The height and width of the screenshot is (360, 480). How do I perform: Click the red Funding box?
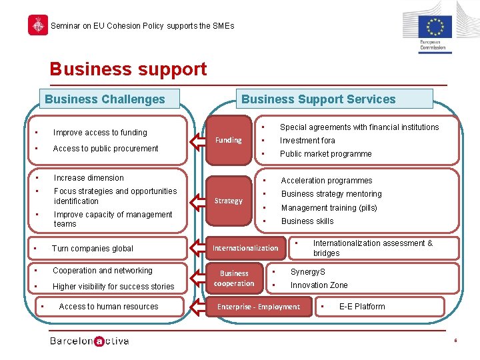[x=229, y=140]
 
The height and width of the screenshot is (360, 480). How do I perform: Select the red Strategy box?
[x=229, y=201]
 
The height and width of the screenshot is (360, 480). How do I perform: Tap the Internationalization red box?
[x=245, y=248]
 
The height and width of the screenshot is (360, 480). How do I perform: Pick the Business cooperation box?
[x=234, y=279]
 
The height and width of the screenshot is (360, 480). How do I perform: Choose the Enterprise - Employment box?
[x=259, y=307]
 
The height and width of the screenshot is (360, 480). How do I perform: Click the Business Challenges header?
[x=105, y=99]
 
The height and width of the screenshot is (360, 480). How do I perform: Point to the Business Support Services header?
[x=319, y=99]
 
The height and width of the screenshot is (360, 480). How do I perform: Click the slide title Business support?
[x=129, y=69]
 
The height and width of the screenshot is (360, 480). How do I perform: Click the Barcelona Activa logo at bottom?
[x=89, y=341]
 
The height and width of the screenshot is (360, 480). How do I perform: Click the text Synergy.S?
[x=307, y=272]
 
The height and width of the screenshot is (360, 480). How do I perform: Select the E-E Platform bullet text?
[x=362, y=307]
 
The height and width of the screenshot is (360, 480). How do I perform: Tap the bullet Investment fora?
[x=307, y=141]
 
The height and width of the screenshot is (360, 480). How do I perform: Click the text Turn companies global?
[x=93, y=249]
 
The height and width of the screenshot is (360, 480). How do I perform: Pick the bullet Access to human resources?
[x=109, y=307]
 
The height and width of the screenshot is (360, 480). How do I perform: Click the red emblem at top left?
[x=38, y=25]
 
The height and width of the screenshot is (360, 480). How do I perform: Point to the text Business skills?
[x=307, y=221]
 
